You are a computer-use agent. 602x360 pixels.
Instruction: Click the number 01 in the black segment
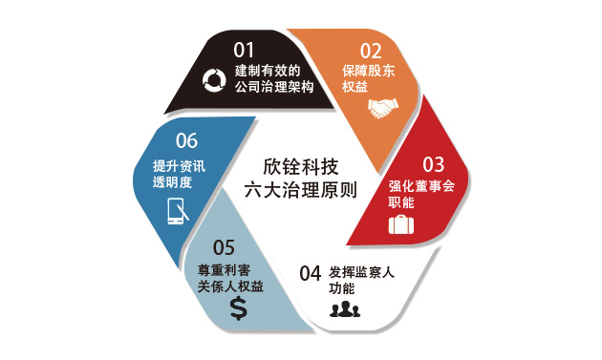click(x=244, y=50)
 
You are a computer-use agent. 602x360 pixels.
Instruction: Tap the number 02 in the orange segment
click(x=371, y=51)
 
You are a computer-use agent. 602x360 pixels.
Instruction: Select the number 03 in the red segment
click(x=434, y=164)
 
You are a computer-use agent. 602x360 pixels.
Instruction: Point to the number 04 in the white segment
click(x=311, y=274)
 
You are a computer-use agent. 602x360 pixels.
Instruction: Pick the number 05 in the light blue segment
click(x=224, y=247)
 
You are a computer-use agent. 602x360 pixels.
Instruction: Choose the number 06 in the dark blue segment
click(x=186, y=140)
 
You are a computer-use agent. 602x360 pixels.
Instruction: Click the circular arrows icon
click(x=214, y=80)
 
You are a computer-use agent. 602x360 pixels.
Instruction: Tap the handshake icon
click(x=383, y=108)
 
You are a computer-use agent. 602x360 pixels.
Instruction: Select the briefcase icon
click(x=401, y=224)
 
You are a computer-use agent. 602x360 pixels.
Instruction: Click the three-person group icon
click(x=345, y=309)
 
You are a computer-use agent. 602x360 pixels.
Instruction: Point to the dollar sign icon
click(x=239, y=308)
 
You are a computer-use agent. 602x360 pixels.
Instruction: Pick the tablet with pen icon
click(x=178, y=211)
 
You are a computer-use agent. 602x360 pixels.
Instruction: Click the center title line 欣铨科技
click(x=301, y=166)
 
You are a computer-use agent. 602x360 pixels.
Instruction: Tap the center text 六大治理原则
click(x=301, y=190)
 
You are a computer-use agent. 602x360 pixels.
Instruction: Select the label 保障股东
click(x=369, y=71)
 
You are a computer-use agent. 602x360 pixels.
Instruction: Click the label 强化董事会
click(x=421, y=186)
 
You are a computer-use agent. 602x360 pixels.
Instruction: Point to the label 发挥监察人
click(x=361, y=272)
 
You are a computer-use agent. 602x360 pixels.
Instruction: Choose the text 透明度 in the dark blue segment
click(x=172, y=182)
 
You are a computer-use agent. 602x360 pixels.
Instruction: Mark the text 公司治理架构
click(x=274, y=87)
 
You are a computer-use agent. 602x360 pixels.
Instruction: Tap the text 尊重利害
click(x=225, y=270)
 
